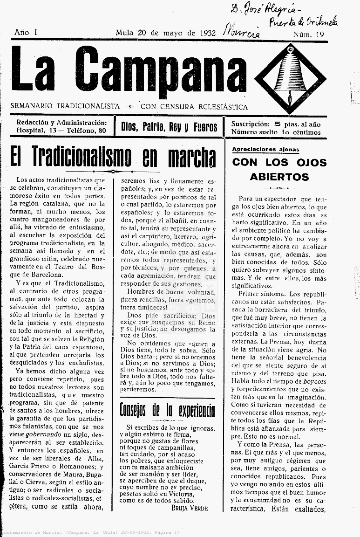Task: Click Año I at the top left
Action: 26,32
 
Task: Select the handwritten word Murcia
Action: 242,31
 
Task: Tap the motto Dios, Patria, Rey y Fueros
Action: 169,127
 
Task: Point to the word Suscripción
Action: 250,124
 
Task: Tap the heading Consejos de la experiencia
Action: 167,410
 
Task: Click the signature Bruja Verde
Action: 189,508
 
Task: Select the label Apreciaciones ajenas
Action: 265,150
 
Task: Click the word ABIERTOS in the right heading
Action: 279,177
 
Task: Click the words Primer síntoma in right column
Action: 261,294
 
